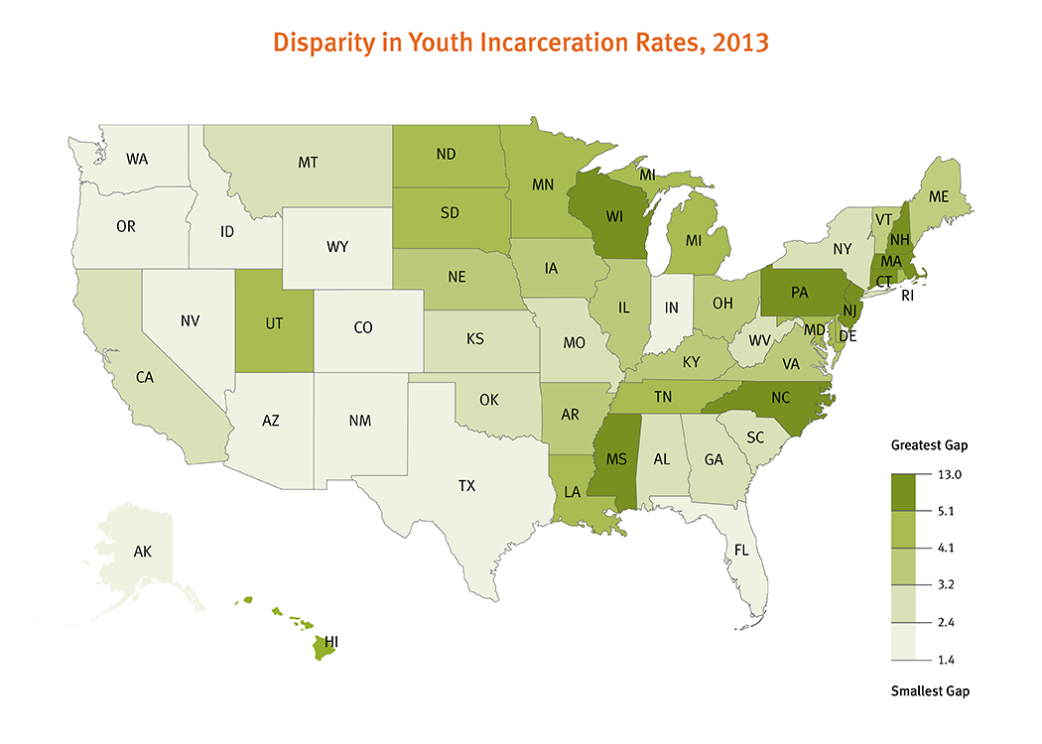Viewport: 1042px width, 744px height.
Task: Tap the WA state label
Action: click(x=137, y=158)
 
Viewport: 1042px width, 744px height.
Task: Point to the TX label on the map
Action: click(x=466, y=486)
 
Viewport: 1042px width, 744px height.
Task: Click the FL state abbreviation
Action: click(x=740, y=549)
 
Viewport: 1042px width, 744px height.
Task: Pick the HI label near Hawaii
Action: click(x=331, y=643)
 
